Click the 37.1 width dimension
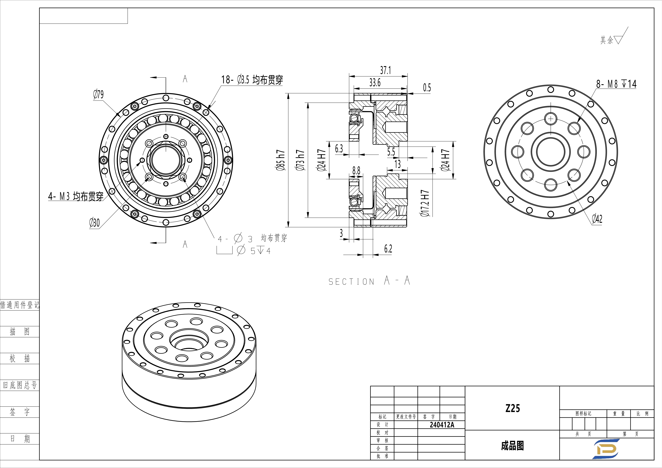coord(386,70)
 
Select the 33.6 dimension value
coord(375,83)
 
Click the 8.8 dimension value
coord(356,171)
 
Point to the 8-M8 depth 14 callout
coord(616,84)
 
